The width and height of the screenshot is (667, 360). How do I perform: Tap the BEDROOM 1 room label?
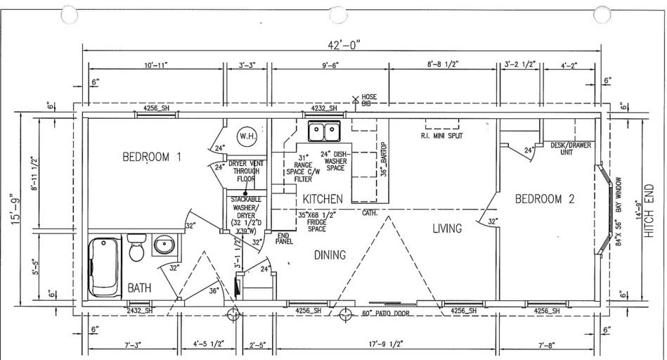pyautogui.click(x=152, y=157)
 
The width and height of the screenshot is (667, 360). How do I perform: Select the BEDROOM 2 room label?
pyautogui.click(x=545, y=199)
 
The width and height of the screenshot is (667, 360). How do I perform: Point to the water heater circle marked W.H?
pyautogui.click(x=247, y=136)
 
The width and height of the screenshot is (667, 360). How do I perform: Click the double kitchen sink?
pyautogui.click(x=325, y=131)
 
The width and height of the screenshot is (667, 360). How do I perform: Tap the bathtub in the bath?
pyautogui.click(x=105, y=267)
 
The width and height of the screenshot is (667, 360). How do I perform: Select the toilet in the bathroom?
pyautogui.click(x=137, y=247)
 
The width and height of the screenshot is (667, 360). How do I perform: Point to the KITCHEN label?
pyautogui.click(x=323, y=199)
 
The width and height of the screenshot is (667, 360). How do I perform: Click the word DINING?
pyautogui.click(x=330, y=255)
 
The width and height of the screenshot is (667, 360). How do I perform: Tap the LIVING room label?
pyautogui.click(x=447, y=229)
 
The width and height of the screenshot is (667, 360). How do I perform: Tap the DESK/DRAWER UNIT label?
pyautogui.click(x=571, y=149)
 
